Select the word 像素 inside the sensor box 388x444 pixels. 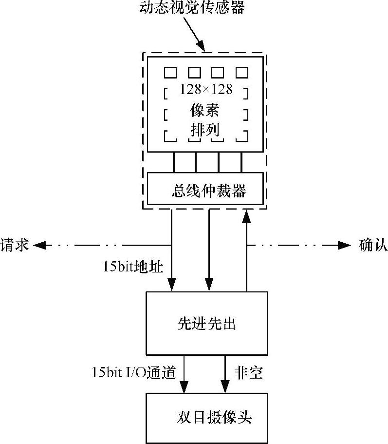point(205,110)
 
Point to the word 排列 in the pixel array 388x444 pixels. point(205,130)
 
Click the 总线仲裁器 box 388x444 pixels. point(205,189)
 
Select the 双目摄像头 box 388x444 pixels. point(207,418)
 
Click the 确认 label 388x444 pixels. point(373,244)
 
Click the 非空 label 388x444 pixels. point(248,373)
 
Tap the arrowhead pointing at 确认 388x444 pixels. point(345,245)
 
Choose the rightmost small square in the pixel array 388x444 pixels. point(242,73)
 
